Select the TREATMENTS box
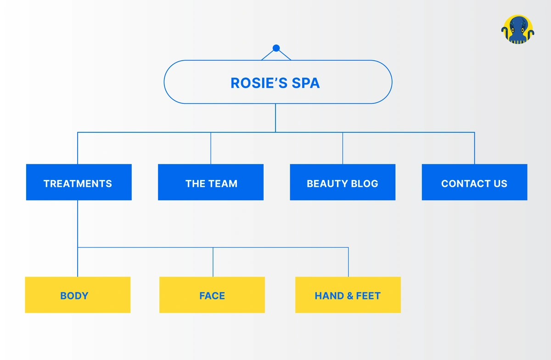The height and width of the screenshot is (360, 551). click(x=79, y=182)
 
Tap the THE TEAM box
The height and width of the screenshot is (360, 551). click(x=211, y=182)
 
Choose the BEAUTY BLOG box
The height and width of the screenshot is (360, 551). click(x=343, y=182)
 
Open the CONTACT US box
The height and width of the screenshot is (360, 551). click(x=474, y=182)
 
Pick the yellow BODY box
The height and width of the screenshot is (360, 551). click(x=78, y=295)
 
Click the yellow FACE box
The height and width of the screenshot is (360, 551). click(x=212, y=295)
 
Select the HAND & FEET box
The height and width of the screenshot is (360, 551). click(x=348, y=295)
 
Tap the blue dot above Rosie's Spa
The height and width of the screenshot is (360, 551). click(x=276, y=48)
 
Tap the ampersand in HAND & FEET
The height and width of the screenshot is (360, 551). click(x=348, y=296)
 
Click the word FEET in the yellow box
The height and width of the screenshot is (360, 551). click(x=368, y=296)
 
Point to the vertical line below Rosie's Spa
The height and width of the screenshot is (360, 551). click(x=275, y=118)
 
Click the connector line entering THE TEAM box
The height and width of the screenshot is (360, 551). click(x=211, y=148)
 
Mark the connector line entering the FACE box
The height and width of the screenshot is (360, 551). click(x=213, y=262)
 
